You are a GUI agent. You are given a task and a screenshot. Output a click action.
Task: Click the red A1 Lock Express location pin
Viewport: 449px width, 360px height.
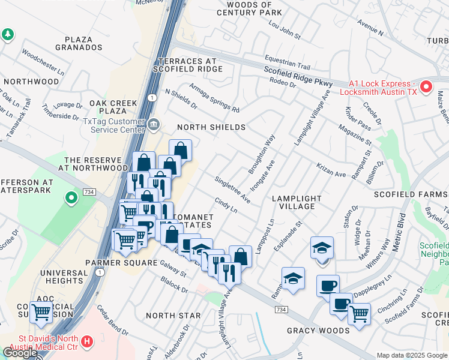click(x=426, y=86)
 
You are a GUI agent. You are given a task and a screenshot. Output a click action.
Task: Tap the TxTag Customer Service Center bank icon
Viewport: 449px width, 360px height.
click(x=154, y=124)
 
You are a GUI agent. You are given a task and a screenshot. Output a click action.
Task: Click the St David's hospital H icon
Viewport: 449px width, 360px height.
click(x=87, y=343)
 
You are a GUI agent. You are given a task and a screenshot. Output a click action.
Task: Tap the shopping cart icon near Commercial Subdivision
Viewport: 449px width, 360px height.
click(x=41, y=311)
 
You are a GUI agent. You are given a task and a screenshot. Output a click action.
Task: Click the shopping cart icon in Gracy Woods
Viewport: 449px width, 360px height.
click(x=359, y=313)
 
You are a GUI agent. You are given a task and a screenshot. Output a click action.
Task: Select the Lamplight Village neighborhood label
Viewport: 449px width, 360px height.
click(x=293, y=202)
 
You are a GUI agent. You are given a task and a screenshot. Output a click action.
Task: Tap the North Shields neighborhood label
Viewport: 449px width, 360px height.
click(x=211, y=127)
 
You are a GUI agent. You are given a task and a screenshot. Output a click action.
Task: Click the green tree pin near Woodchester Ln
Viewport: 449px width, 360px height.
click(x=8, y=35)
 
